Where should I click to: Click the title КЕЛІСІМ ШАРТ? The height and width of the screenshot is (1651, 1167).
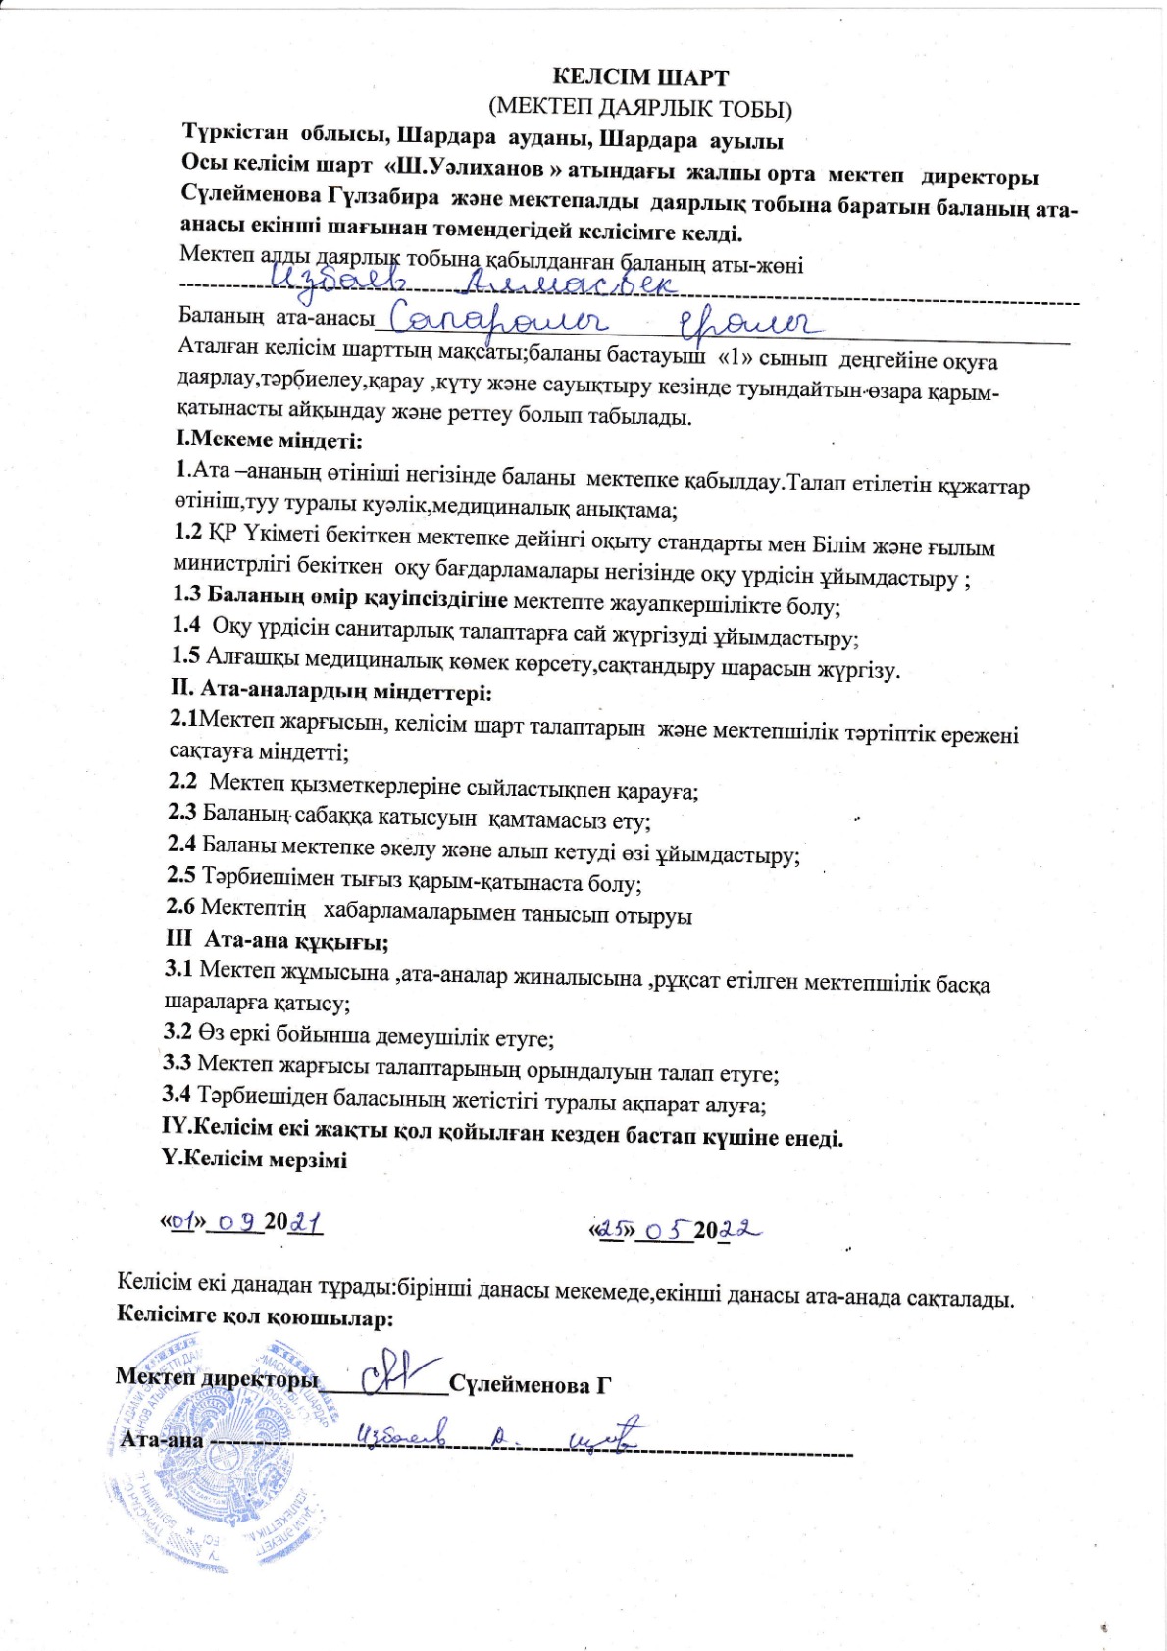(641, 77)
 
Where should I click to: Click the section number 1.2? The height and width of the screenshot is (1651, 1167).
(188, 532)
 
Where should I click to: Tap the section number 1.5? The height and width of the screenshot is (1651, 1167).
(186, 655)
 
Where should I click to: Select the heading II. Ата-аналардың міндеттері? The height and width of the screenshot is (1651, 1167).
(331, 693)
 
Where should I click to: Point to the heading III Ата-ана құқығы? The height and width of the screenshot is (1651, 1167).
(278, 941)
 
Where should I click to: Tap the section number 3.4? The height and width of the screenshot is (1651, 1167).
(177, 1093)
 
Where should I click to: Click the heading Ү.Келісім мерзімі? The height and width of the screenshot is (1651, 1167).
(254, 1159)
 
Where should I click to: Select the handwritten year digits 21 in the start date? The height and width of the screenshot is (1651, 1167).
(308, 1222)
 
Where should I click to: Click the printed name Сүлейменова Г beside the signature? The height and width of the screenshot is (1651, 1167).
(531, 1384)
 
